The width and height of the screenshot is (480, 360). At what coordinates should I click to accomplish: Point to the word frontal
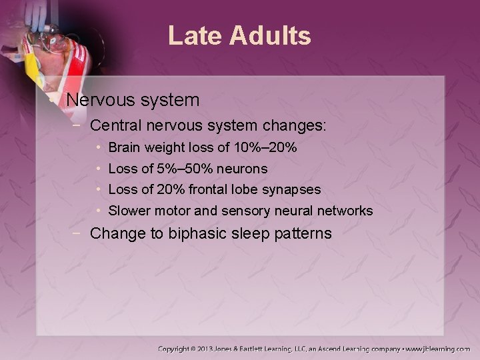coord(210,190)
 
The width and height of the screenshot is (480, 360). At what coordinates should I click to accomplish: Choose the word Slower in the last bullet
coord(129,211)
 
